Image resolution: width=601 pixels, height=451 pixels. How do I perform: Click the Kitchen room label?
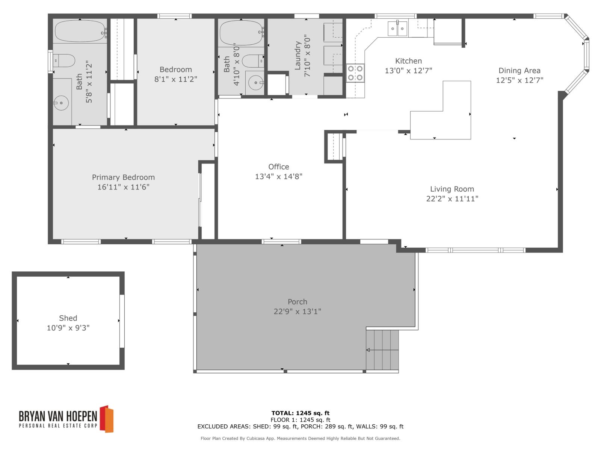(408, 61)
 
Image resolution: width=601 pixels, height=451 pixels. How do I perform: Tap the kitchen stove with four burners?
(355, 73)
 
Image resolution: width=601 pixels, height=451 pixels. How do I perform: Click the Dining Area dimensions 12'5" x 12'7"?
(519, 80)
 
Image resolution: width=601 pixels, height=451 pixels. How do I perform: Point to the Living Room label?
(452, 189)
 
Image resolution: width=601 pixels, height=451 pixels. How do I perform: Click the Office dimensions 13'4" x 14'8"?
(278, 176)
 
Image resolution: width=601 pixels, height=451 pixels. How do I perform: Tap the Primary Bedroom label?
(123, 177)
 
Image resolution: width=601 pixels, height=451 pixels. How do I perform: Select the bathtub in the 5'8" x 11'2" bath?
(80, 31)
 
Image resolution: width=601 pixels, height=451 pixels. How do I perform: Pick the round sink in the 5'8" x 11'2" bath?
(61, 103)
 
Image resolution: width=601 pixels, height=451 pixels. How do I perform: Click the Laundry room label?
(298, 55)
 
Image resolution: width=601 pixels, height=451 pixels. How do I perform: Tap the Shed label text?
(68, 318)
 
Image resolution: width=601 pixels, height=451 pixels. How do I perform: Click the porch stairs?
(382, 350)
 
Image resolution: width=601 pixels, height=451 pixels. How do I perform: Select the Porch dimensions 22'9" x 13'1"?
(297, 312)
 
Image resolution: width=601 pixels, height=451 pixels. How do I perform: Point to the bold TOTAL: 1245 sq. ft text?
(300, 413)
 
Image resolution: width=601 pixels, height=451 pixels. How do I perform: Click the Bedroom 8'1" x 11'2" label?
(175, 70)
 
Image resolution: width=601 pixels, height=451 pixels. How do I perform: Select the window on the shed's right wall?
(122, 321)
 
